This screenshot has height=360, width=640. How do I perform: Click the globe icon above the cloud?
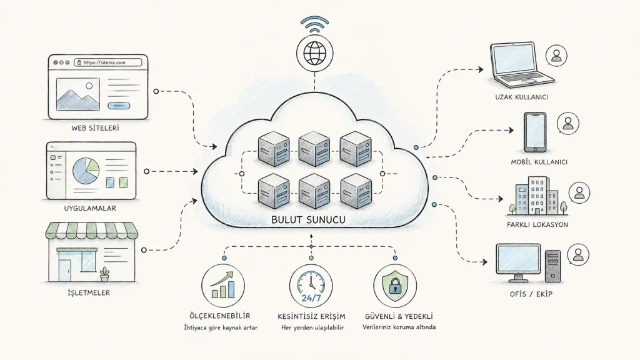tap(314, 53)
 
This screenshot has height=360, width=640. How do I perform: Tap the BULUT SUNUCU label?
tap(308, 219)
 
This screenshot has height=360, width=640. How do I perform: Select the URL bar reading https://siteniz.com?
tap(108, 62)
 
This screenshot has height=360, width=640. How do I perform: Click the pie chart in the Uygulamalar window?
tap(86, 171)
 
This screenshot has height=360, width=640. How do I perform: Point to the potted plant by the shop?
tap(105, 274)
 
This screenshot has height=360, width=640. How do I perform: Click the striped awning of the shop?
tap(91, 231)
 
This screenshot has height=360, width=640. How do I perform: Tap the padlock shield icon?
tap(395, 286)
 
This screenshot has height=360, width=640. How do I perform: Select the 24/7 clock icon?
tap(311, 286)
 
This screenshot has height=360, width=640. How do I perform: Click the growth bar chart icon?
tap(223, 286)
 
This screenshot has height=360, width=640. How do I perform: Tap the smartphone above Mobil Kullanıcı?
tap(535, 132)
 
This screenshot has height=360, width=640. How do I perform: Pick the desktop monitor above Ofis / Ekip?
tap(518, 262)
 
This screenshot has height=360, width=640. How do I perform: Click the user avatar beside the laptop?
tap(556, 56)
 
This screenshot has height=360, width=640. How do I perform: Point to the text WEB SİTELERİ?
tap(95, 128)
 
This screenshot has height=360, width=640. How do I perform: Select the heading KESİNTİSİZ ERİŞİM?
tap(311, 316)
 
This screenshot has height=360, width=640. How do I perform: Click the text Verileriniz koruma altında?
tap(399, 327)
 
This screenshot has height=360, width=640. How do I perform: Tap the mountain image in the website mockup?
tap(78, 94)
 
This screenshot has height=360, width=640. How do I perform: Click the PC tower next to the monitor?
tap(552, 266)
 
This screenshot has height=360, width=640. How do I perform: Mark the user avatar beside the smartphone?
tap(567, 123)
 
